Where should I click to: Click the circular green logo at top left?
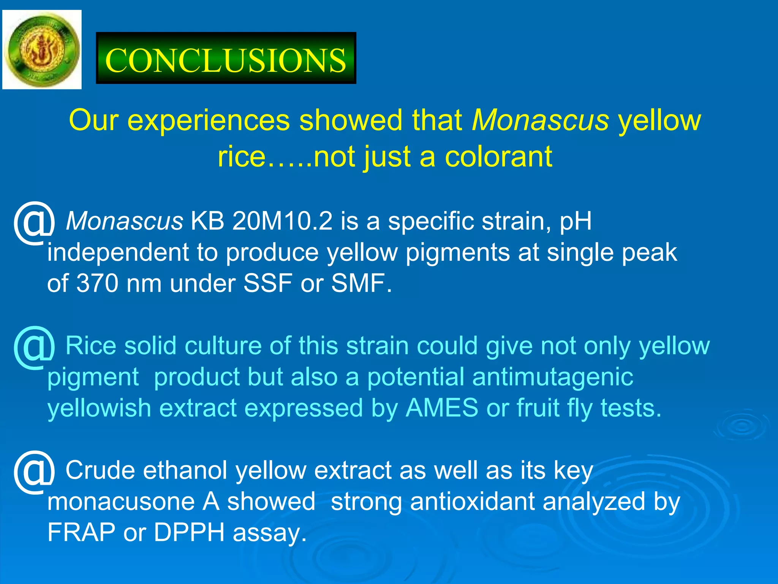click(x=42, y=49)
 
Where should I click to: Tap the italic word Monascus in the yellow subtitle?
click(x=540, y=120)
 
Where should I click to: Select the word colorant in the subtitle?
click(x=498, y=157)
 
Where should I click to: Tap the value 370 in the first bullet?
click(x=97, y=283)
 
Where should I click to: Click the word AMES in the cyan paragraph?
click(x=442, y=408)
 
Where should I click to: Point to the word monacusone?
click(x=120, y=501)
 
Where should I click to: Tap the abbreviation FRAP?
click(x=81, y=532)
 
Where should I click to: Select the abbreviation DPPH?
click(x=189, y=532)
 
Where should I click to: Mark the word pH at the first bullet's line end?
click(x=576, y=222)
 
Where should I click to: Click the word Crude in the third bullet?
click(x=100, y=470)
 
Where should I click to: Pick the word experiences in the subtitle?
click(x=208, y=120)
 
